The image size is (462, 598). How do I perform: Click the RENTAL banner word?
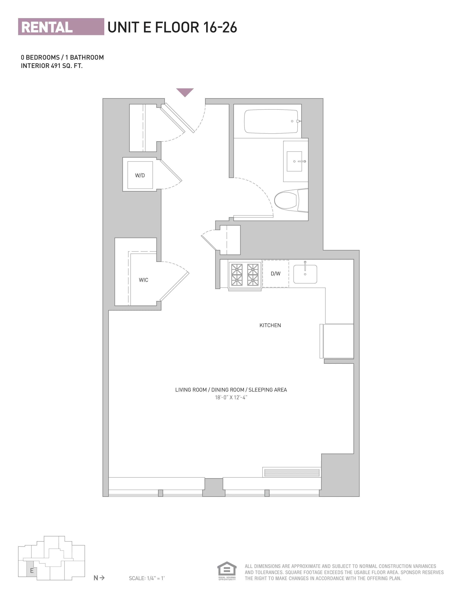click(47, 27)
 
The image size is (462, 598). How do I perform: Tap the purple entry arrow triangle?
click(185, 92)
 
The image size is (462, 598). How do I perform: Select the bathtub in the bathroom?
click(271, 121)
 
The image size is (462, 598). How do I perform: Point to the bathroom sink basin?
click(294, 161)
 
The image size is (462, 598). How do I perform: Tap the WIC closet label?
click(143, 280)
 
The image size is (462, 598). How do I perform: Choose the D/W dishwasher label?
click(275, 273)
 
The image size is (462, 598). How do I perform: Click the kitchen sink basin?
click(305, 274)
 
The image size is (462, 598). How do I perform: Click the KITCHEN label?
click(270, 325)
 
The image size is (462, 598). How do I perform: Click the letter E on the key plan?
click(32, 571)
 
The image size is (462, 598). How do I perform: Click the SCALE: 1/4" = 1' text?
click(147, 578)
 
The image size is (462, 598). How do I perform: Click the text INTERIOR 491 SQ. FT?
click(52, 66)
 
